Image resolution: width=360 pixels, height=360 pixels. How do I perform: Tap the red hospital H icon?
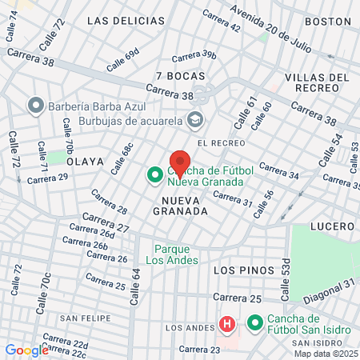(227, 324)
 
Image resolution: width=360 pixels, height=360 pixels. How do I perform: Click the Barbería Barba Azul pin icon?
(34, 106)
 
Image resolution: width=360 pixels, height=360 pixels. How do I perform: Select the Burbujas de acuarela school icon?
(194, 122)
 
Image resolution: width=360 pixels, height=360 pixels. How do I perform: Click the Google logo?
(26, 350)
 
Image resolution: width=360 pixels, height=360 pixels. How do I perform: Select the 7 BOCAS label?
(181, 76)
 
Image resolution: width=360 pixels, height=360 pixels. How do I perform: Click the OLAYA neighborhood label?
(86, 161)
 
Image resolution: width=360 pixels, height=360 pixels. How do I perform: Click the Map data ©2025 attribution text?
(325, 354)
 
